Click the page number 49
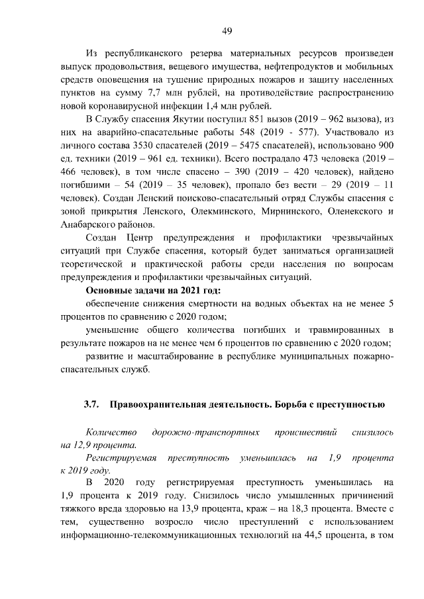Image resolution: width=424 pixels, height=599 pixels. coord(226,30)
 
